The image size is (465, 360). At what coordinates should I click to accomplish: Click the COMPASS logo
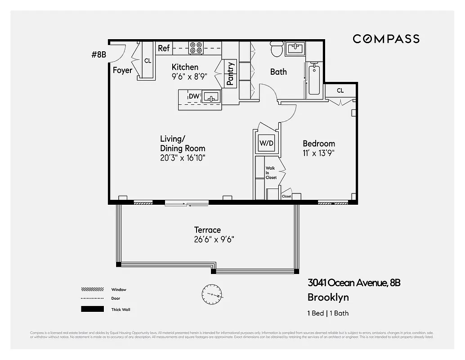[386, 39]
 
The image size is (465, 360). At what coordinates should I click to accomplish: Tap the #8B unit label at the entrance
[98, 55]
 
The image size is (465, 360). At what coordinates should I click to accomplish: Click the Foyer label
[122, 71]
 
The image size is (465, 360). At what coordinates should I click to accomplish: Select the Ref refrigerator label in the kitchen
[163, 48]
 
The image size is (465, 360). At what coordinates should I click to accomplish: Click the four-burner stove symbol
[196, 48]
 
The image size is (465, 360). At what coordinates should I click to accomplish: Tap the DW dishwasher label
[193, 96]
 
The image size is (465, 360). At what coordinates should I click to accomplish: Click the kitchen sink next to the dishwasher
[211, 96]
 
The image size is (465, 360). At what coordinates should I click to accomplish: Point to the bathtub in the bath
[314, 80]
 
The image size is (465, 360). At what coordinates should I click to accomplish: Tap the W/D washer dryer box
[266, 143]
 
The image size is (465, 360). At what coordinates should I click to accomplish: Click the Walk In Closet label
[271, 173]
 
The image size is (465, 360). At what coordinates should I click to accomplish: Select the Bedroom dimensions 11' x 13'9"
[318, 153]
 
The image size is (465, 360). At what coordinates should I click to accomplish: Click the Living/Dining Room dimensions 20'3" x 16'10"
[183, 157]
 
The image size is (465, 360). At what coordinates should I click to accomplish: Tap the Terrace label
[207, 230]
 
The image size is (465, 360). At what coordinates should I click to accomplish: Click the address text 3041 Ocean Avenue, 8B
[354, 283]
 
